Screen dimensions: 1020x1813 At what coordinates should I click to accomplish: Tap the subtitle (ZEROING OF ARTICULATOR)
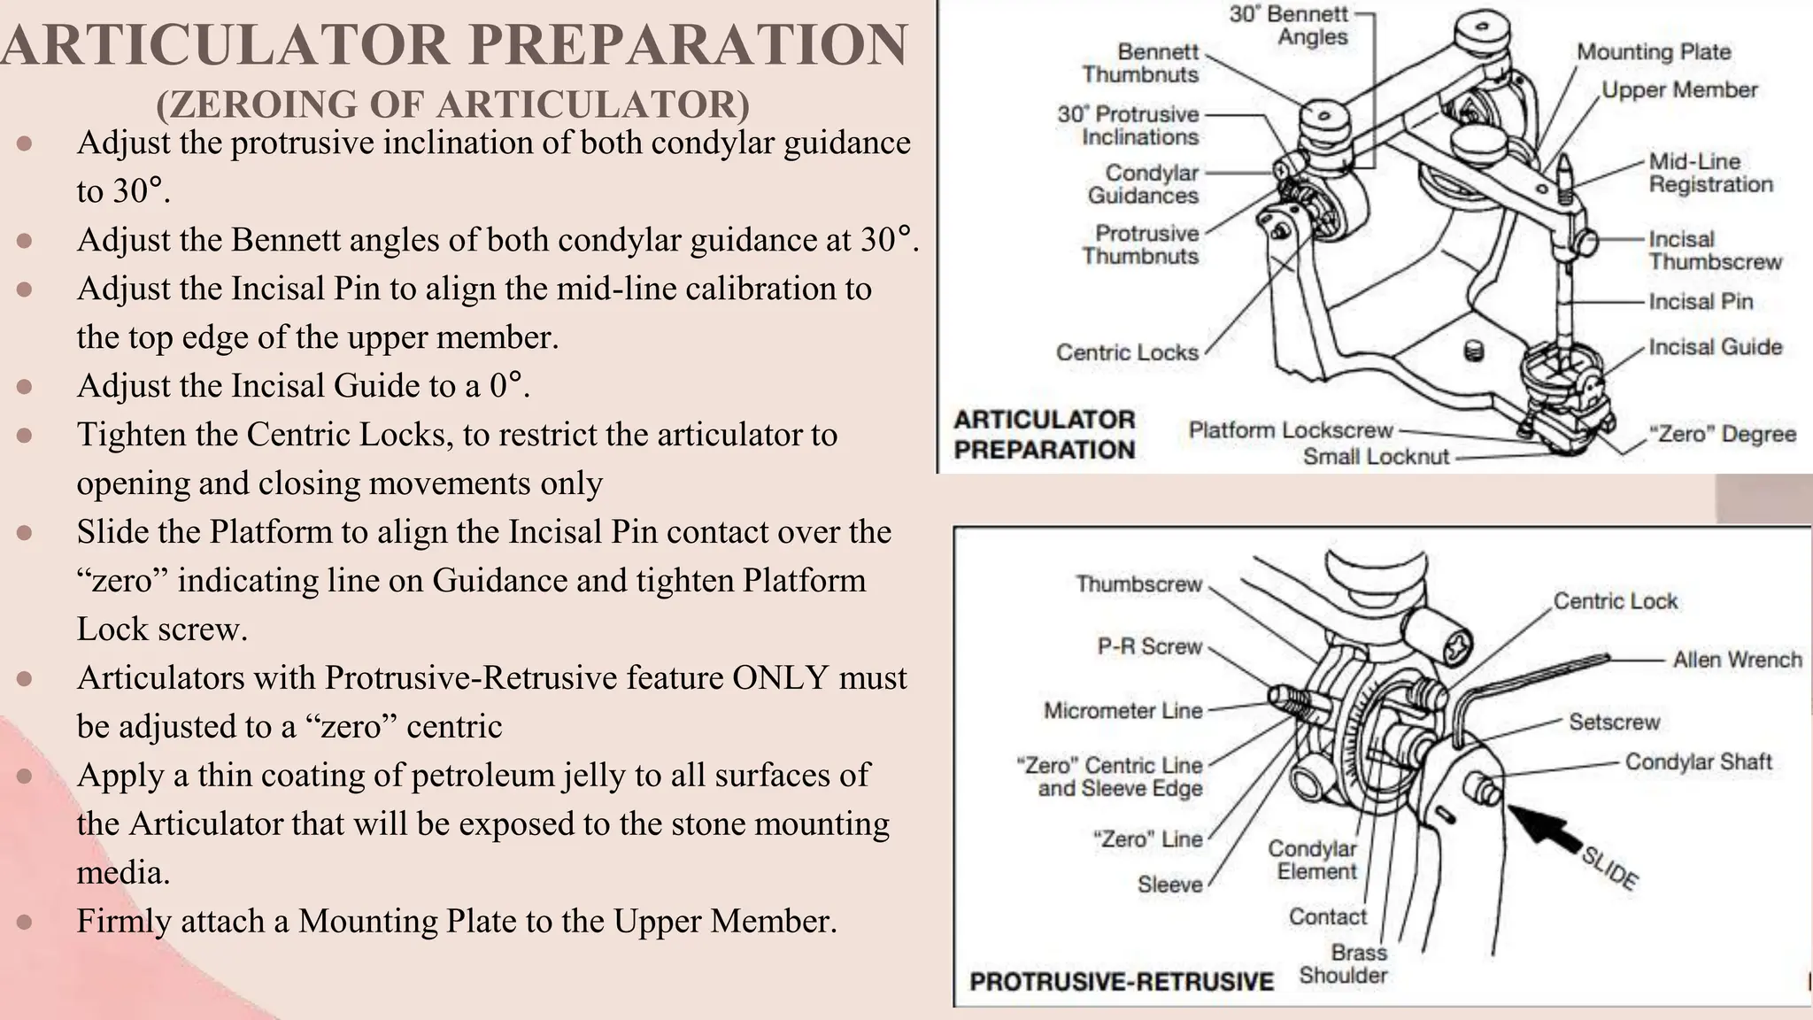tap(452, 104)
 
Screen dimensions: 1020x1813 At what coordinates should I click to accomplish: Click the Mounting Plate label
tap(1653, 52)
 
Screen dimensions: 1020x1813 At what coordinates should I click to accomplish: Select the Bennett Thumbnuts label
tap(1140, 63)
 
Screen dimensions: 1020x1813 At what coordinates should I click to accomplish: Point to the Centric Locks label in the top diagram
tap(1127, 352)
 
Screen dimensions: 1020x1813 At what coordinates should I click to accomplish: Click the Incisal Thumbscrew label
tap(1715, 251)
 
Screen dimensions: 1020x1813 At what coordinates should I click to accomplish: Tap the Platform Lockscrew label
tap(1291, 430)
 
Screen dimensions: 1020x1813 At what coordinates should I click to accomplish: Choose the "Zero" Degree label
tap(1722, 435)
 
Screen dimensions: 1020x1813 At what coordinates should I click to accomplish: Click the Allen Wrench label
tap(1737, 660)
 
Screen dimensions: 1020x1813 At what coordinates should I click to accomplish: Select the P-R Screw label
tap(1150, 646)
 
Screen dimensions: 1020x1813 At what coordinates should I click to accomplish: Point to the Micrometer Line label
tap(1123, 710)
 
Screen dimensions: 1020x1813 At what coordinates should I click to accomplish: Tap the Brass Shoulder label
tap(1345, 964)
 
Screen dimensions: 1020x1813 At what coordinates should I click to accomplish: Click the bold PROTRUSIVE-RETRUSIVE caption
tap(1122, 982)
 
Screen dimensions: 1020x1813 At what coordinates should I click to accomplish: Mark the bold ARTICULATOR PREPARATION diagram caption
tap(1044, 435)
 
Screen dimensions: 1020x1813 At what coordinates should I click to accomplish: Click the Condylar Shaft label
tap(1698, 762)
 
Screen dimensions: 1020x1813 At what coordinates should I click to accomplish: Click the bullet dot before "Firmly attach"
tap(25, 922)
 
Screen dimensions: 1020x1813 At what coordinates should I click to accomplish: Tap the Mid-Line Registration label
tap(1710, 174)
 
